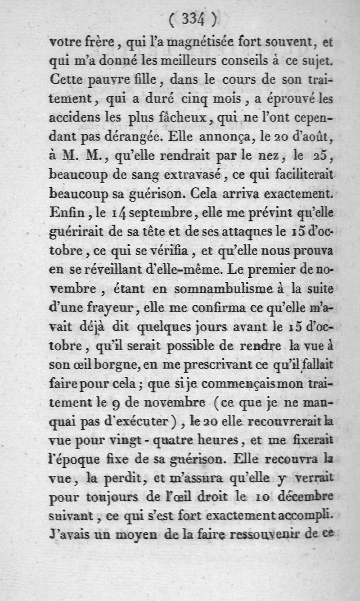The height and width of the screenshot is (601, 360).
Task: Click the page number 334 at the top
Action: [193, 19]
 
